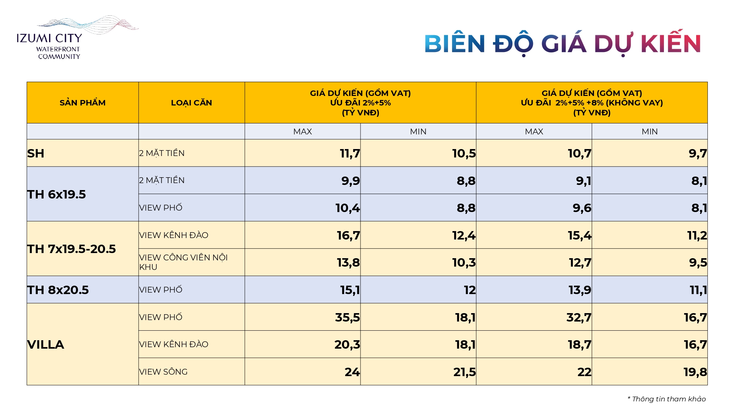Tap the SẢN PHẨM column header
click(82, 103)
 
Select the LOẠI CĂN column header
click(191, 103)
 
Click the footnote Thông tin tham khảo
click(667, 399)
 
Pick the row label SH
click(36, 153)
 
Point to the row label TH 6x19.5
click(57, 194)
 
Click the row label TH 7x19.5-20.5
click(72, 249)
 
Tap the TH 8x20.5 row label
click(58, 290)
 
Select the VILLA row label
click(46, 345)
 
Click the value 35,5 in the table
click(347, 317)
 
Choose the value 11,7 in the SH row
click(350, 153)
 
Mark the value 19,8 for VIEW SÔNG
click(695, 372)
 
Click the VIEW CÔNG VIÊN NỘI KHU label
click(183, 262)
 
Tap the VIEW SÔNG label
click(163, 372)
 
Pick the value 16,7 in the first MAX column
click(348, 235)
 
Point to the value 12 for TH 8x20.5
click(470, 290)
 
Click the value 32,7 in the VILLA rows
click(579, 317)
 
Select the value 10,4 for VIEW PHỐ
click(348, 208)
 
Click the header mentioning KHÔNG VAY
click(591, 103)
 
